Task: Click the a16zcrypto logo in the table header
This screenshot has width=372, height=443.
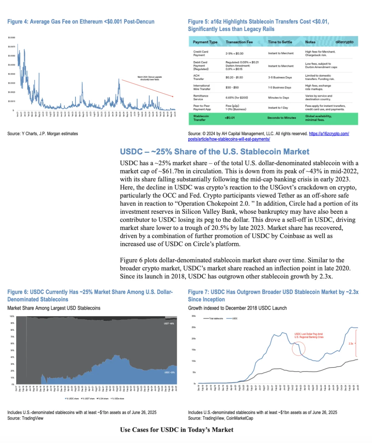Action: [344, 42]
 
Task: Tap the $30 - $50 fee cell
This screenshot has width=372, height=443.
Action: [232, 88]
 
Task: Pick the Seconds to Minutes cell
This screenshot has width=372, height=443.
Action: [281, 118]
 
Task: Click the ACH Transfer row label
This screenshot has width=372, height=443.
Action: [198, 77]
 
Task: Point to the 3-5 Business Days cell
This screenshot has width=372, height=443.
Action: [280, 78]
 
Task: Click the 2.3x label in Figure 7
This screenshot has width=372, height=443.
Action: [351, 344]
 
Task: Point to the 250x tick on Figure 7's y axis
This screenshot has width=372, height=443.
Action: [194, 328]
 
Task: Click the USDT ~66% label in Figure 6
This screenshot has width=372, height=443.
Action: [169, 324]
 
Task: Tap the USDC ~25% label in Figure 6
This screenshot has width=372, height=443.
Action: [169, 372]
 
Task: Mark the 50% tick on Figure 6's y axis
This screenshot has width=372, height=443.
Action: [12, 350]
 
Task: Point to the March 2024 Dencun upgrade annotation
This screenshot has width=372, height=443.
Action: [149, 78]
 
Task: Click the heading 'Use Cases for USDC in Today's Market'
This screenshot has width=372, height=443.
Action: [177, 430]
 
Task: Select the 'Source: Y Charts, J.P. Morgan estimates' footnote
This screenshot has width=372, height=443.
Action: [43, 134]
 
